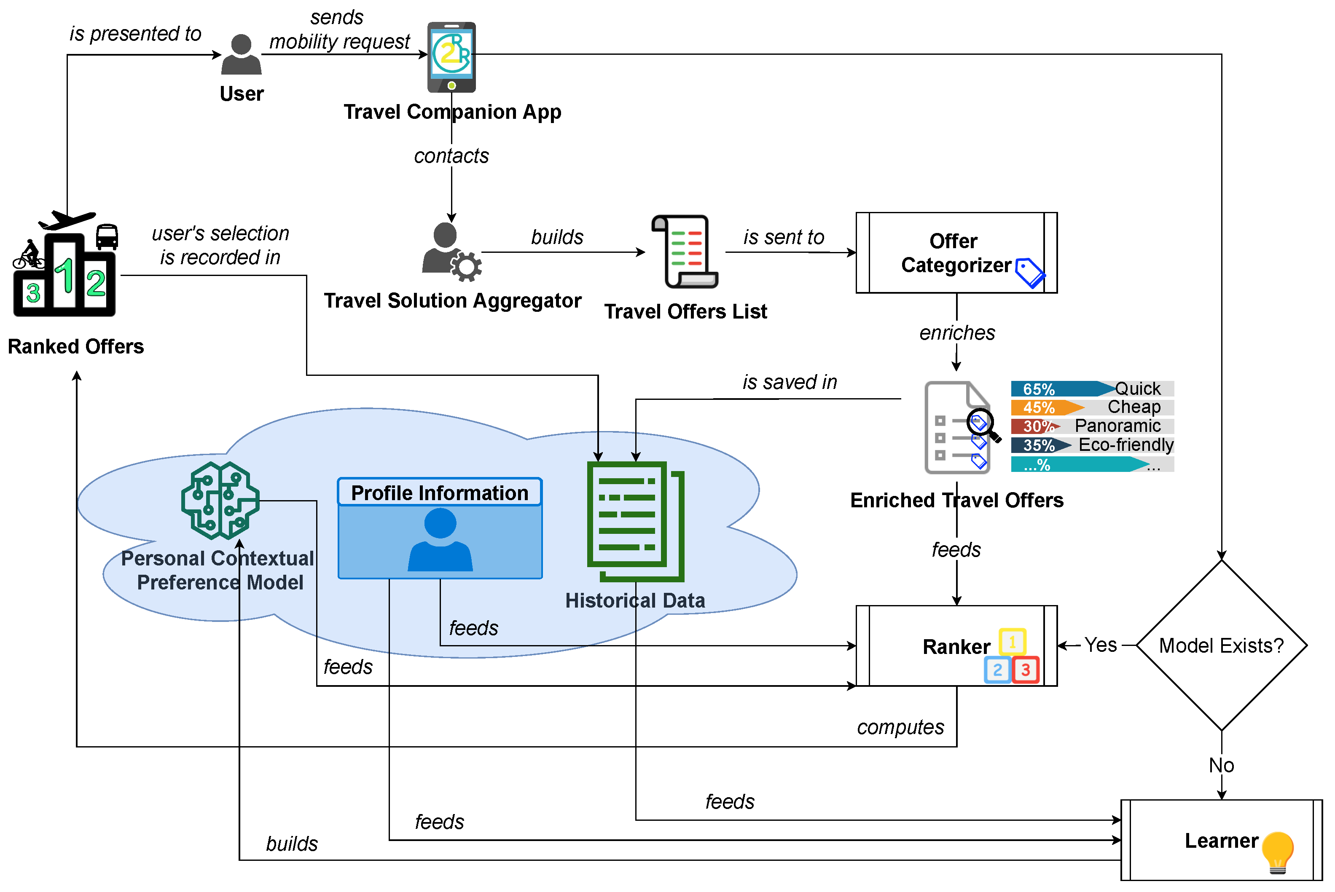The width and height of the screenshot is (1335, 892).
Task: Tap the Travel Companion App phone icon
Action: click(451, 57)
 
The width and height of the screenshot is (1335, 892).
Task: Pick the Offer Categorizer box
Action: click(956, 252)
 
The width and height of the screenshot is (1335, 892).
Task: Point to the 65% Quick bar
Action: click(1091, 389)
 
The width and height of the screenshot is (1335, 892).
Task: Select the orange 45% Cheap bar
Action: click(1091, 407)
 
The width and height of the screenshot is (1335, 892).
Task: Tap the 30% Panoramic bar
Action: click(1091, 426)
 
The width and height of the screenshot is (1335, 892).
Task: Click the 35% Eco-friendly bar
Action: click(1091, 445)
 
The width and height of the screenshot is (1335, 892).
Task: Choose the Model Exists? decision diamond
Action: click(1221, 645)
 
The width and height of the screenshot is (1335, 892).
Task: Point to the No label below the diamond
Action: click(1221, 766)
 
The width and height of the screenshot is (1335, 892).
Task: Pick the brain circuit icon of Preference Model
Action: click(220, 501)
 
